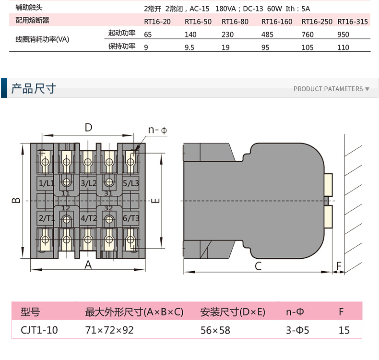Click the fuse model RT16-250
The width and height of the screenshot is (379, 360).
[317, 21]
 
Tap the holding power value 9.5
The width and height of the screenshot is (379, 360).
[190, 48]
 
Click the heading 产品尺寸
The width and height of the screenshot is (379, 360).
[34, 88]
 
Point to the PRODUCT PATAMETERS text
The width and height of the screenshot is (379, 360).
[328, 89]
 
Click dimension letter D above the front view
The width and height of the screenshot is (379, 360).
[88, 127]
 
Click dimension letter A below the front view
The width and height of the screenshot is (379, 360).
[88, 264]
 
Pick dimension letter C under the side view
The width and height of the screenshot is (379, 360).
[258, 266]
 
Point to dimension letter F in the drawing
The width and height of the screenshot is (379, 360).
[339, 266]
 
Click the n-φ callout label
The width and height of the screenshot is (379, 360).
[157, 130]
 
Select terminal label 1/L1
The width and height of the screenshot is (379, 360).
[47, 183]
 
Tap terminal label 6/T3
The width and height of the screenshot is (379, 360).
[130, 218]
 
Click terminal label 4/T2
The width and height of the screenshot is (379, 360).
[89, 218]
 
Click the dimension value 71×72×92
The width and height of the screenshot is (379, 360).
[109, 330]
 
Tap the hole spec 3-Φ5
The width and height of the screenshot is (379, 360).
[297, 330]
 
